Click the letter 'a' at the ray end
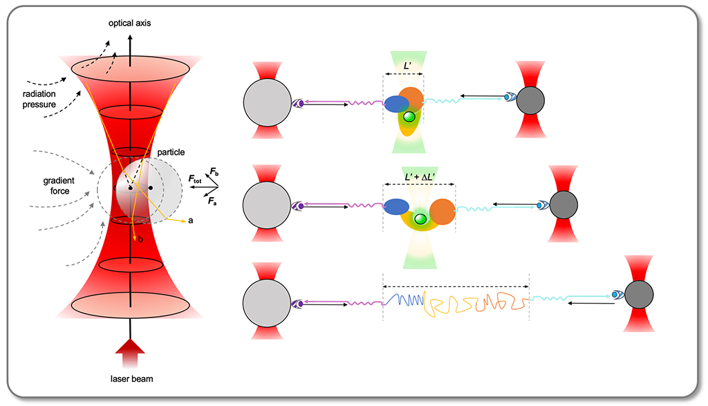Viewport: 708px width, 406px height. [x=189, y=221]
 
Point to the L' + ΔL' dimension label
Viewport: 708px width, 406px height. [x=419, y=178]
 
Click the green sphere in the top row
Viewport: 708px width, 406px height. [x=409, y=117]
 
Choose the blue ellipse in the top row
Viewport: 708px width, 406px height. [x=395, y=104]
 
